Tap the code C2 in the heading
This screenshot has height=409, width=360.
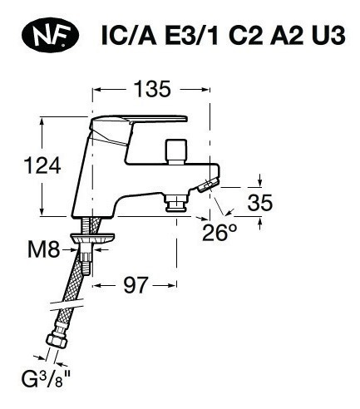point(246,38)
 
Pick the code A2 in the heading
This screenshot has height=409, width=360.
point(290,38)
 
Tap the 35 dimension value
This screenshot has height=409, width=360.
point(260,202)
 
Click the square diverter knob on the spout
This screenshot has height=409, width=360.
point(176,152)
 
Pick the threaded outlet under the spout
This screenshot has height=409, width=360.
point(175,203)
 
